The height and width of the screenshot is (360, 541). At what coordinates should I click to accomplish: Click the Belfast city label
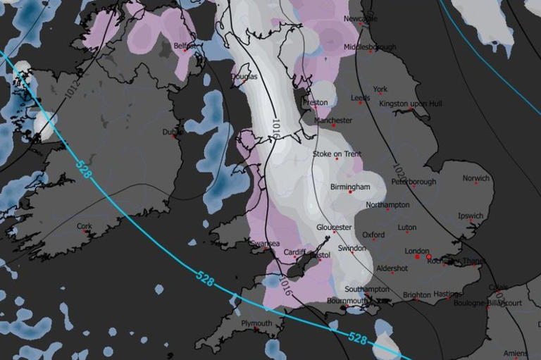183,46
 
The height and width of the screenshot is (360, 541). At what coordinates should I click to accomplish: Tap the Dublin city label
172,132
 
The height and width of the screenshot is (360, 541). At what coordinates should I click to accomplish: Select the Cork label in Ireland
84,227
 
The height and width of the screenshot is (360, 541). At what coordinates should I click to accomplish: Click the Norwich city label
475,178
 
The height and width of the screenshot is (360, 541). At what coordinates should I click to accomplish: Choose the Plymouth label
256,323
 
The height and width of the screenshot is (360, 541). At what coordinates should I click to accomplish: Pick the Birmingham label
349,187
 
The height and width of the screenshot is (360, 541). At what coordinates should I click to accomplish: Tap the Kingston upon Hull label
411,104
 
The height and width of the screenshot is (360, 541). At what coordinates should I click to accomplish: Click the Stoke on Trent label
337,154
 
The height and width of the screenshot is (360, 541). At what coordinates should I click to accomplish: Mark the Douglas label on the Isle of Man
244,76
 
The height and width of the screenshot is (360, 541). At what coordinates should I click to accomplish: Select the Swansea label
266,243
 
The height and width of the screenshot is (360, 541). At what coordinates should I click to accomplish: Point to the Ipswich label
471,216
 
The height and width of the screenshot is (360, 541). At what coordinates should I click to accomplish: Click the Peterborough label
413,182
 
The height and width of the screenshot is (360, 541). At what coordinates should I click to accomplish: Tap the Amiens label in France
516,353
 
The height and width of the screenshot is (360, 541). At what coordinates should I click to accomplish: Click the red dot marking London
417,257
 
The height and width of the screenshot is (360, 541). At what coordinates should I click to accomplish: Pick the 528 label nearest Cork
83,168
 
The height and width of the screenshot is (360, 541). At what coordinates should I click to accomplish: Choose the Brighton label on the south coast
417,295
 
